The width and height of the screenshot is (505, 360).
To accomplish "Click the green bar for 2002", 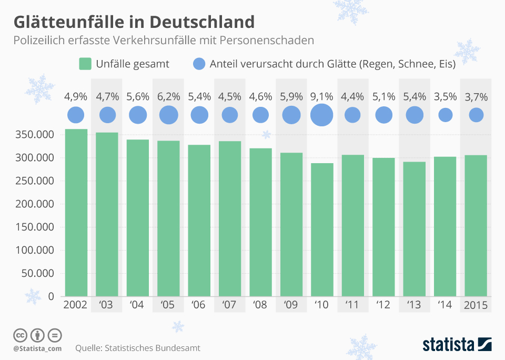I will click(x=76, y=213).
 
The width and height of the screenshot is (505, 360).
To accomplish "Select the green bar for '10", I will click(x=322, y=229).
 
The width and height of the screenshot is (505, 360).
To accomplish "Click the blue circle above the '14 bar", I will click(x=445, y=115).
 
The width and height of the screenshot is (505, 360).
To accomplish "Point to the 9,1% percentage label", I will click(x=322, y=97).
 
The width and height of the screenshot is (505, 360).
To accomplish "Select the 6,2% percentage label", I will click(x=168, y=97).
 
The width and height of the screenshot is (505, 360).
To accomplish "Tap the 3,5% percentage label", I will click(x=445, y=97).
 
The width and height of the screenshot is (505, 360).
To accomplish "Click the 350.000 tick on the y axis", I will click(x=35, y=135).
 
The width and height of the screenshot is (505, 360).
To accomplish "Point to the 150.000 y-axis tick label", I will click(x=35, y=227).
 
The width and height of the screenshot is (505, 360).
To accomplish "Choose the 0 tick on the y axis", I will click(x=51, y=296).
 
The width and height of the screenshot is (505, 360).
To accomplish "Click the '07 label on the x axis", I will click(x=230, y=305).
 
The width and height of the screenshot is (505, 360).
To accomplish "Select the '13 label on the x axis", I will click(x=414, y=305).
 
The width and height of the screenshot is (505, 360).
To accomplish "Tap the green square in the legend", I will click(x=85, y=64).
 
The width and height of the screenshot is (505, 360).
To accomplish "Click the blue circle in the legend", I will click(x=199, y=64).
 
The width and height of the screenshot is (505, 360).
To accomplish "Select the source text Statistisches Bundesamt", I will click(x=153, y=348).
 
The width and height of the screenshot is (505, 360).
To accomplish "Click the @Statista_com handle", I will click(x=37, y=348).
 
